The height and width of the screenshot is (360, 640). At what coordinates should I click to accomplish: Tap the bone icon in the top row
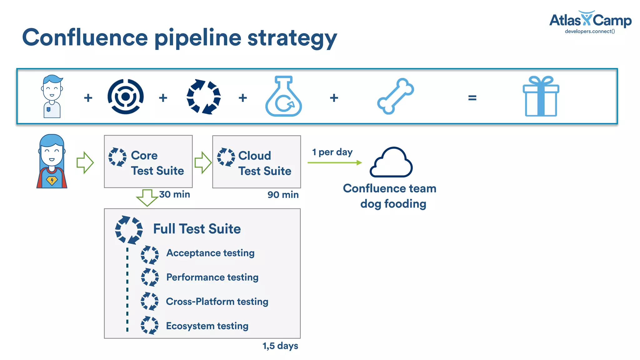tap(395, 96)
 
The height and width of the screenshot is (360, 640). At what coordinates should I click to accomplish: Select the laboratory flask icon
tap(283, 97)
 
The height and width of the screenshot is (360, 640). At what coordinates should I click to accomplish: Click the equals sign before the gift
tap(472, 98)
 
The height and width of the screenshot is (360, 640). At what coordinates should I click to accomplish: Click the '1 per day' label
tap(332, 152)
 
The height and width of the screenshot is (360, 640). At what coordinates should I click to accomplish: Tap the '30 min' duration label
tap(174, 194)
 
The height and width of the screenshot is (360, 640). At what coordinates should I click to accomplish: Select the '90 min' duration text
tap(283, 195)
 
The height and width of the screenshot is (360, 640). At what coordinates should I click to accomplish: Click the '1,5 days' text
tap(280, 346)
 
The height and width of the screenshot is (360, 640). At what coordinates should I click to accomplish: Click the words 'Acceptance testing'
tap(210, 253)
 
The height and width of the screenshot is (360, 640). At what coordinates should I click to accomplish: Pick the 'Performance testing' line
tap(212, 277)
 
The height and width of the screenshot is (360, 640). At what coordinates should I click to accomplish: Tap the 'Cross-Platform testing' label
tap(217, 302)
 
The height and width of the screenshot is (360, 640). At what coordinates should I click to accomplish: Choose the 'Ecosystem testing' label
tap(207, 326)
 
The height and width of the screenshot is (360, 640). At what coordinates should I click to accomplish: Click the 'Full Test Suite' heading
tap(197, 229)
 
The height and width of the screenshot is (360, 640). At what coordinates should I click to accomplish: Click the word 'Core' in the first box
tap(144, 155)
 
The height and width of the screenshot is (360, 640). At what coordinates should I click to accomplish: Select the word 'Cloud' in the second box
tap(254, 156)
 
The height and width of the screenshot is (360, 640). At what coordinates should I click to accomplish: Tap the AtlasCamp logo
tap(590, 21)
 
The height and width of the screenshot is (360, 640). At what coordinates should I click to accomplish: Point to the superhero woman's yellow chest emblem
tap(52, 180)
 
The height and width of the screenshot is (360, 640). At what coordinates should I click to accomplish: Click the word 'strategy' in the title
tap(292, 38)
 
